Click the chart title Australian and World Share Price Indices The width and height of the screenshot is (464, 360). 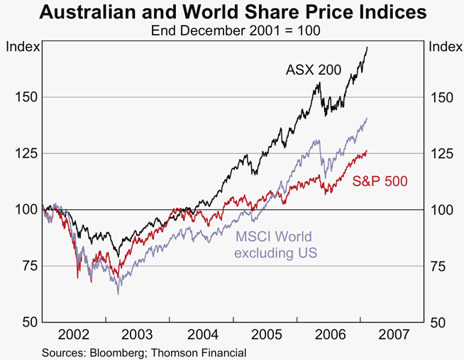[233, 12]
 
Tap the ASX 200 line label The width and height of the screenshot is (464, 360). [314, 70]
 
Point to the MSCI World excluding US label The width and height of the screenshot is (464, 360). [273, 244]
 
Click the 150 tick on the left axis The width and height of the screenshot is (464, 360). [23, 97]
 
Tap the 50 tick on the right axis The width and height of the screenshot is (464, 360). [439, 322]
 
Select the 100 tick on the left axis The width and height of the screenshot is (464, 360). [23, 209]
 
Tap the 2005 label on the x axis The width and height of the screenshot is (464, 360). [265, 334]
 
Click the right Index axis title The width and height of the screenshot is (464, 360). [444, 47]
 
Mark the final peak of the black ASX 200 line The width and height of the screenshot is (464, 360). [367, 47]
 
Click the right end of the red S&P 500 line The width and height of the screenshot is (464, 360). [367, 151]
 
